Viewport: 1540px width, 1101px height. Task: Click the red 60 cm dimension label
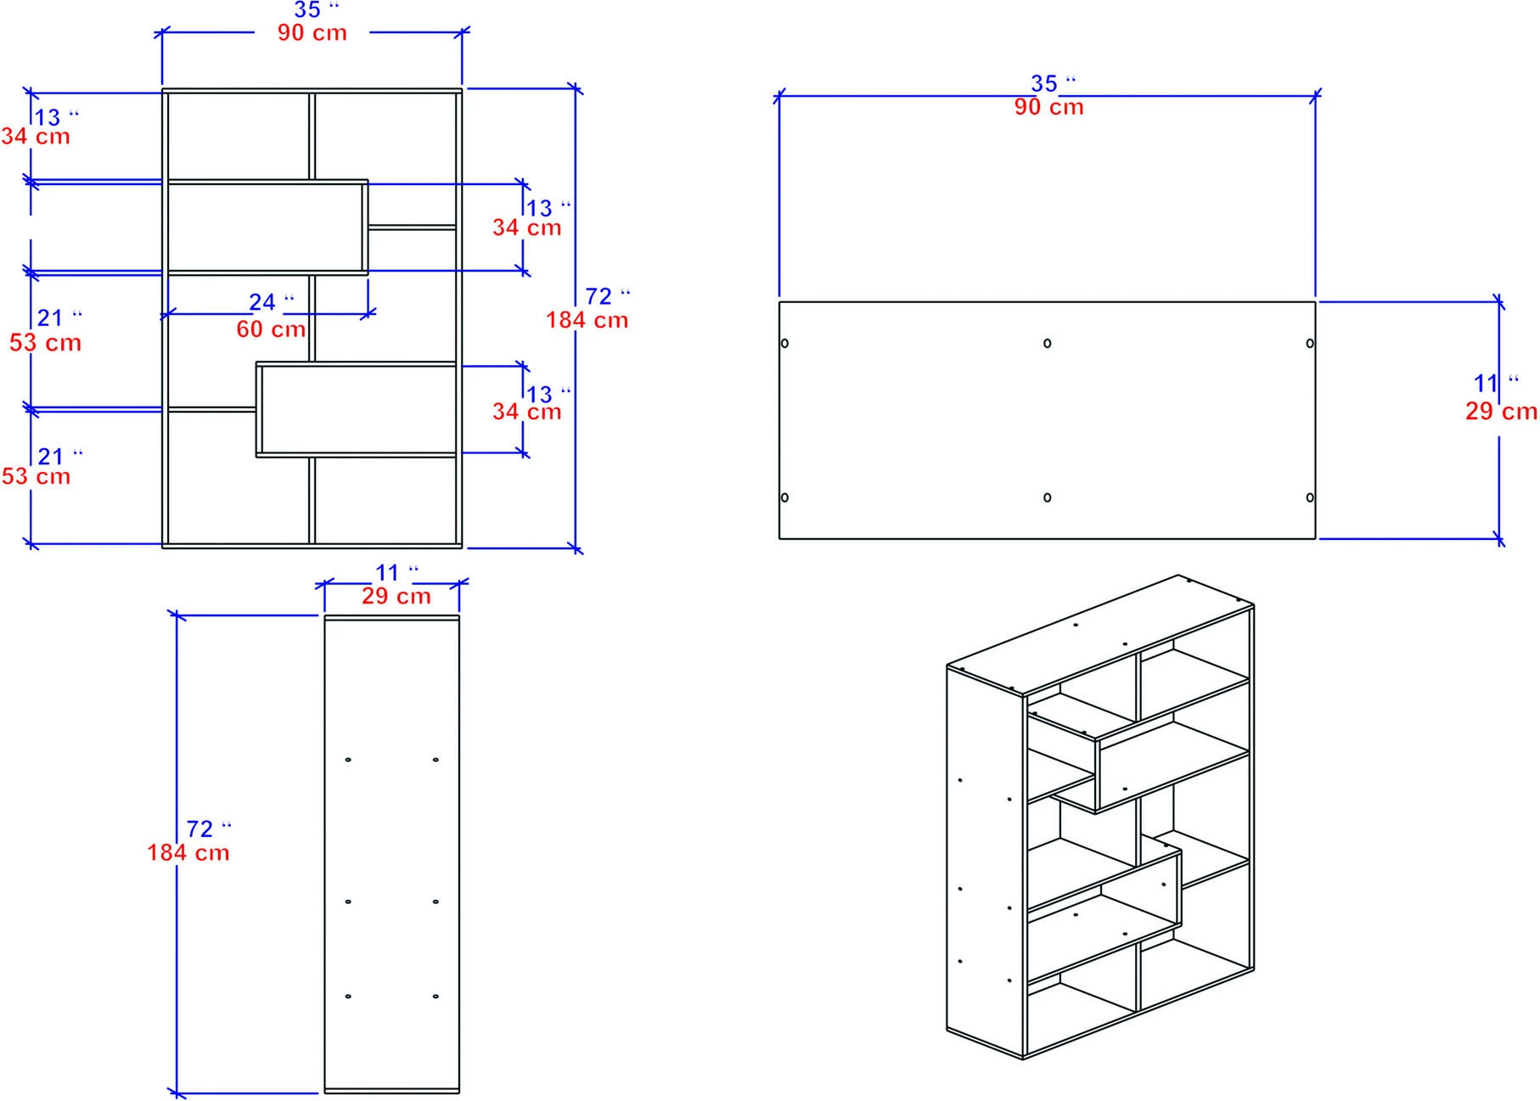click(x=271, y=329)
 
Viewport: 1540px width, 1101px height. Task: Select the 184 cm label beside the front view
click(x=587, y=320)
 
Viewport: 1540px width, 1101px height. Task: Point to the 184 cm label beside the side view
click(x=188, y=852)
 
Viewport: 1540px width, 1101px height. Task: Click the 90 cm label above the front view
click(x=312, y=33)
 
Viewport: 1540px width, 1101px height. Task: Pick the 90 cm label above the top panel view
click(x=1048, y=107)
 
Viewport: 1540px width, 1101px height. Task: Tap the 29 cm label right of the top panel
click(x=1501, y=412)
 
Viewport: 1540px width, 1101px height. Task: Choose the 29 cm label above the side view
click(x=396, y=596)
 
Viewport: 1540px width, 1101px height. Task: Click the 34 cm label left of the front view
click(x=36, y=136)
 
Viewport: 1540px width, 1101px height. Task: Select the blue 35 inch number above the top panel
click(x=1043, y=84)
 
